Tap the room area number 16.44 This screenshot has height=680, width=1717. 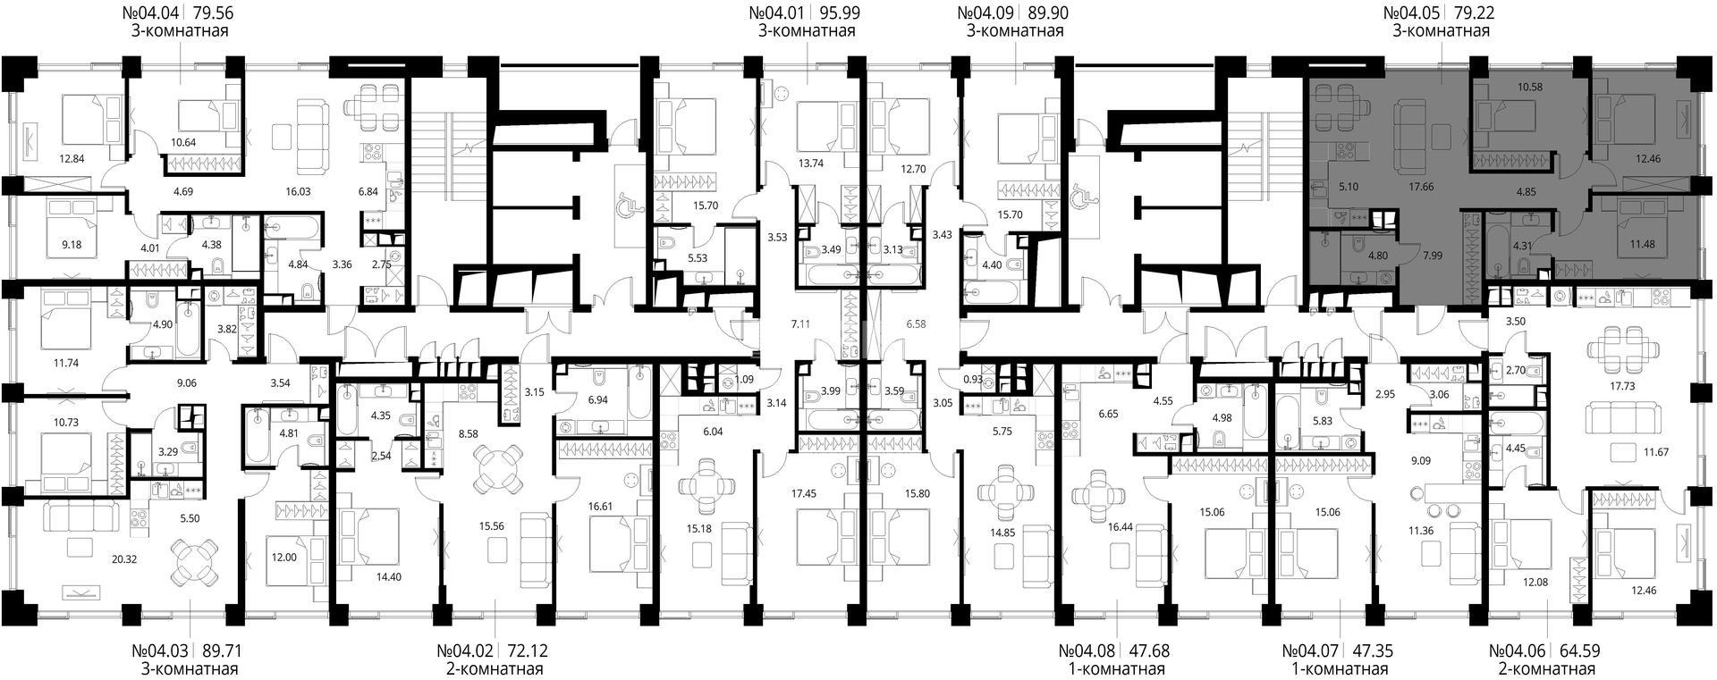coord(1121,527)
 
